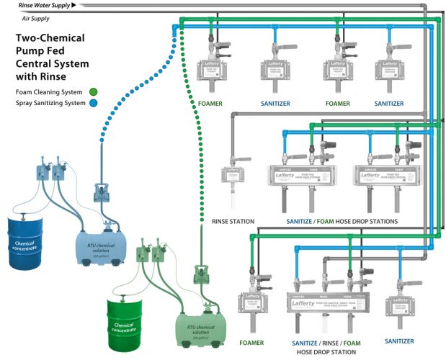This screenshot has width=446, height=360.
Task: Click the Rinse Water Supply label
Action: (x=45, y=6)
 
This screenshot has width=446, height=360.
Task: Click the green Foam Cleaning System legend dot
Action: (x=94, y=91)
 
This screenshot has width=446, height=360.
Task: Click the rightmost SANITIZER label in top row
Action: (x=389, y=103)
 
